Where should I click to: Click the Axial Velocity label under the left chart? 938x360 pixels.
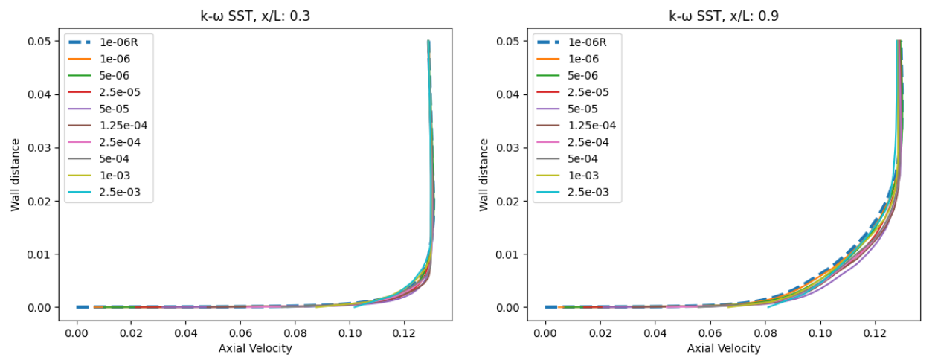255,348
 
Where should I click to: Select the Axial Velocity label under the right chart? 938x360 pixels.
724,348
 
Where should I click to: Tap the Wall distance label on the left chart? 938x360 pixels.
16,174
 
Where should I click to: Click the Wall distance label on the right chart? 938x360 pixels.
484,174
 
